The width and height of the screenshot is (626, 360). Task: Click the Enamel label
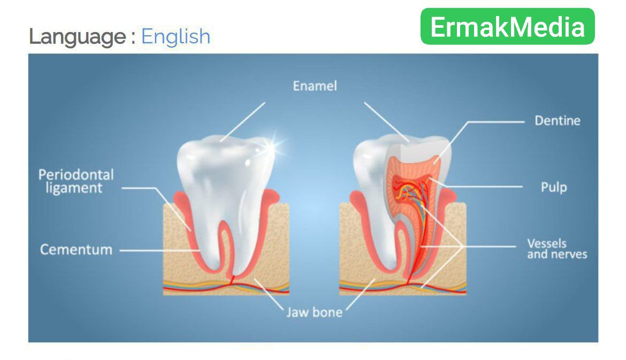click(315, 86)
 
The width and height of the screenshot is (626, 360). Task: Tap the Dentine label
click(558, 120)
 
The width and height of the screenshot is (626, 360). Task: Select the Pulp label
click(554, 187)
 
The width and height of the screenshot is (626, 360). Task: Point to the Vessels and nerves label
click(557, 249)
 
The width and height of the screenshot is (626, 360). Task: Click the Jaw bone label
click(314, 312)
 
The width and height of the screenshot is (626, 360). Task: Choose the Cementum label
click(76, 250)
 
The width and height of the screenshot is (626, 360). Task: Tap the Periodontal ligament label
click(76, 181)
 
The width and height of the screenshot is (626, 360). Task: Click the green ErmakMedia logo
click(507, 26)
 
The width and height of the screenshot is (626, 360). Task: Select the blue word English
click(175, 37)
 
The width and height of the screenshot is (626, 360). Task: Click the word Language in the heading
click(78, 37)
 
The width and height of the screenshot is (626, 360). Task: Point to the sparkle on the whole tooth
click(273, 145)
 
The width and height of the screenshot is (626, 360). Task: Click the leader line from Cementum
click(159, 251)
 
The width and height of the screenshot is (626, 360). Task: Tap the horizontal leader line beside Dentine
click(495, 122)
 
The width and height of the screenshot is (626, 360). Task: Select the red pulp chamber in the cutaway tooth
click(411, 188)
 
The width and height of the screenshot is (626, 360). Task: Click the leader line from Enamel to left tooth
click(242, 122)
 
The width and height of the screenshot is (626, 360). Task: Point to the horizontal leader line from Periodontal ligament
click(138, 188)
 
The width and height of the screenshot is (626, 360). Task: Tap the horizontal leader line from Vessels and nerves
click(488, 247)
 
